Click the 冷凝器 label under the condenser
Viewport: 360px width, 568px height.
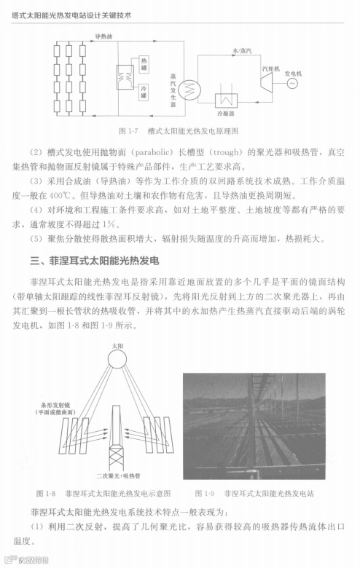pos(225,114)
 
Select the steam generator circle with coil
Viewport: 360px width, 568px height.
pos(193,86)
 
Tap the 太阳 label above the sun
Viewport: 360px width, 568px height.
pos(117,342)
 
